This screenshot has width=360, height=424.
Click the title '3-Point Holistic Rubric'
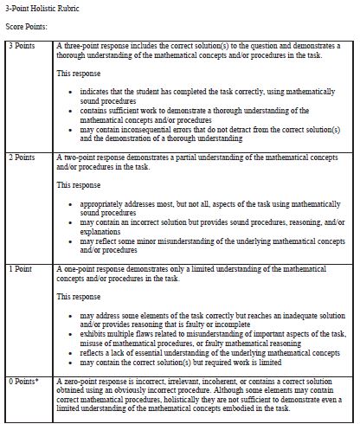coord(38,8)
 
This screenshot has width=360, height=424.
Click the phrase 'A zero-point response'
coord(93,381)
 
